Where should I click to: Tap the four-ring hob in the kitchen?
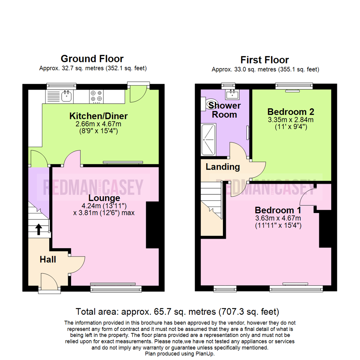coord(96,96)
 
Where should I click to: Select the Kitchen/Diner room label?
coord(98,116)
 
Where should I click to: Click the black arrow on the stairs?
coord(39,229)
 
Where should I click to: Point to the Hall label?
coord(48,259)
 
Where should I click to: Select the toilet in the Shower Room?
coord(211,105)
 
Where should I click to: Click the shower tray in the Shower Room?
coord(209,139)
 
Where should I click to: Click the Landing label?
coord(223,167)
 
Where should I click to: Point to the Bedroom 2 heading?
coord(291,111)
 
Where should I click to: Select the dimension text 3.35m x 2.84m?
coord(291,120)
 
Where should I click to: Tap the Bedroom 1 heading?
coord(278,210)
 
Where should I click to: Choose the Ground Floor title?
coord(92,59)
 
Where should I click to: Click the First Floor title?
coord(265,60)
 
